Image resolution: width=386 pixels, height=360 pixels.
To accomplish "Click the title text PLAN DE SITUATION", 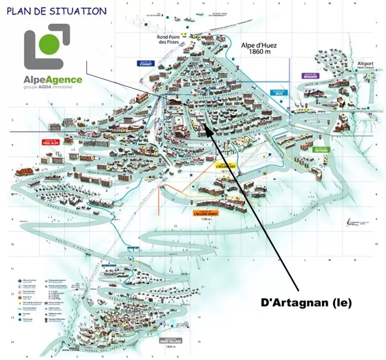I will [x=56, y=11].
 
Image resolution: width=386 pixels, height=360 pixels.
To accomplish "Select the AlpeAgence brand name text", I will [x=52, y=80].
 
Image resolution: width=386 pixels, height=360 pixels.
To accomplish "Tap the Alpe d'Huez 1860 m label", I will [x=259, y=48].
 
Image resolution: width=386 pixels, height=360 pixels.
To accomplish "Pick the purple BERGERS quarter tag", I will [x=310, y=76].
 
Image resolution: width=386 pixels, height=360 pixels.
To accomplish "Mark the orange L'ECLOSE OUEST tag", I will [x=206, y=213].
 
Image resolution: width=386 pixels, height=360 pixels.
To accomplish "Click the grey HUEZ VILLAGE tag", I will [x=170, y=341].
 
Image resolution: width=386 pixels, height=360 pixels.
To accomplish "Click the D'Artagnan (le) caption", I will [x=306, y=303].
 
